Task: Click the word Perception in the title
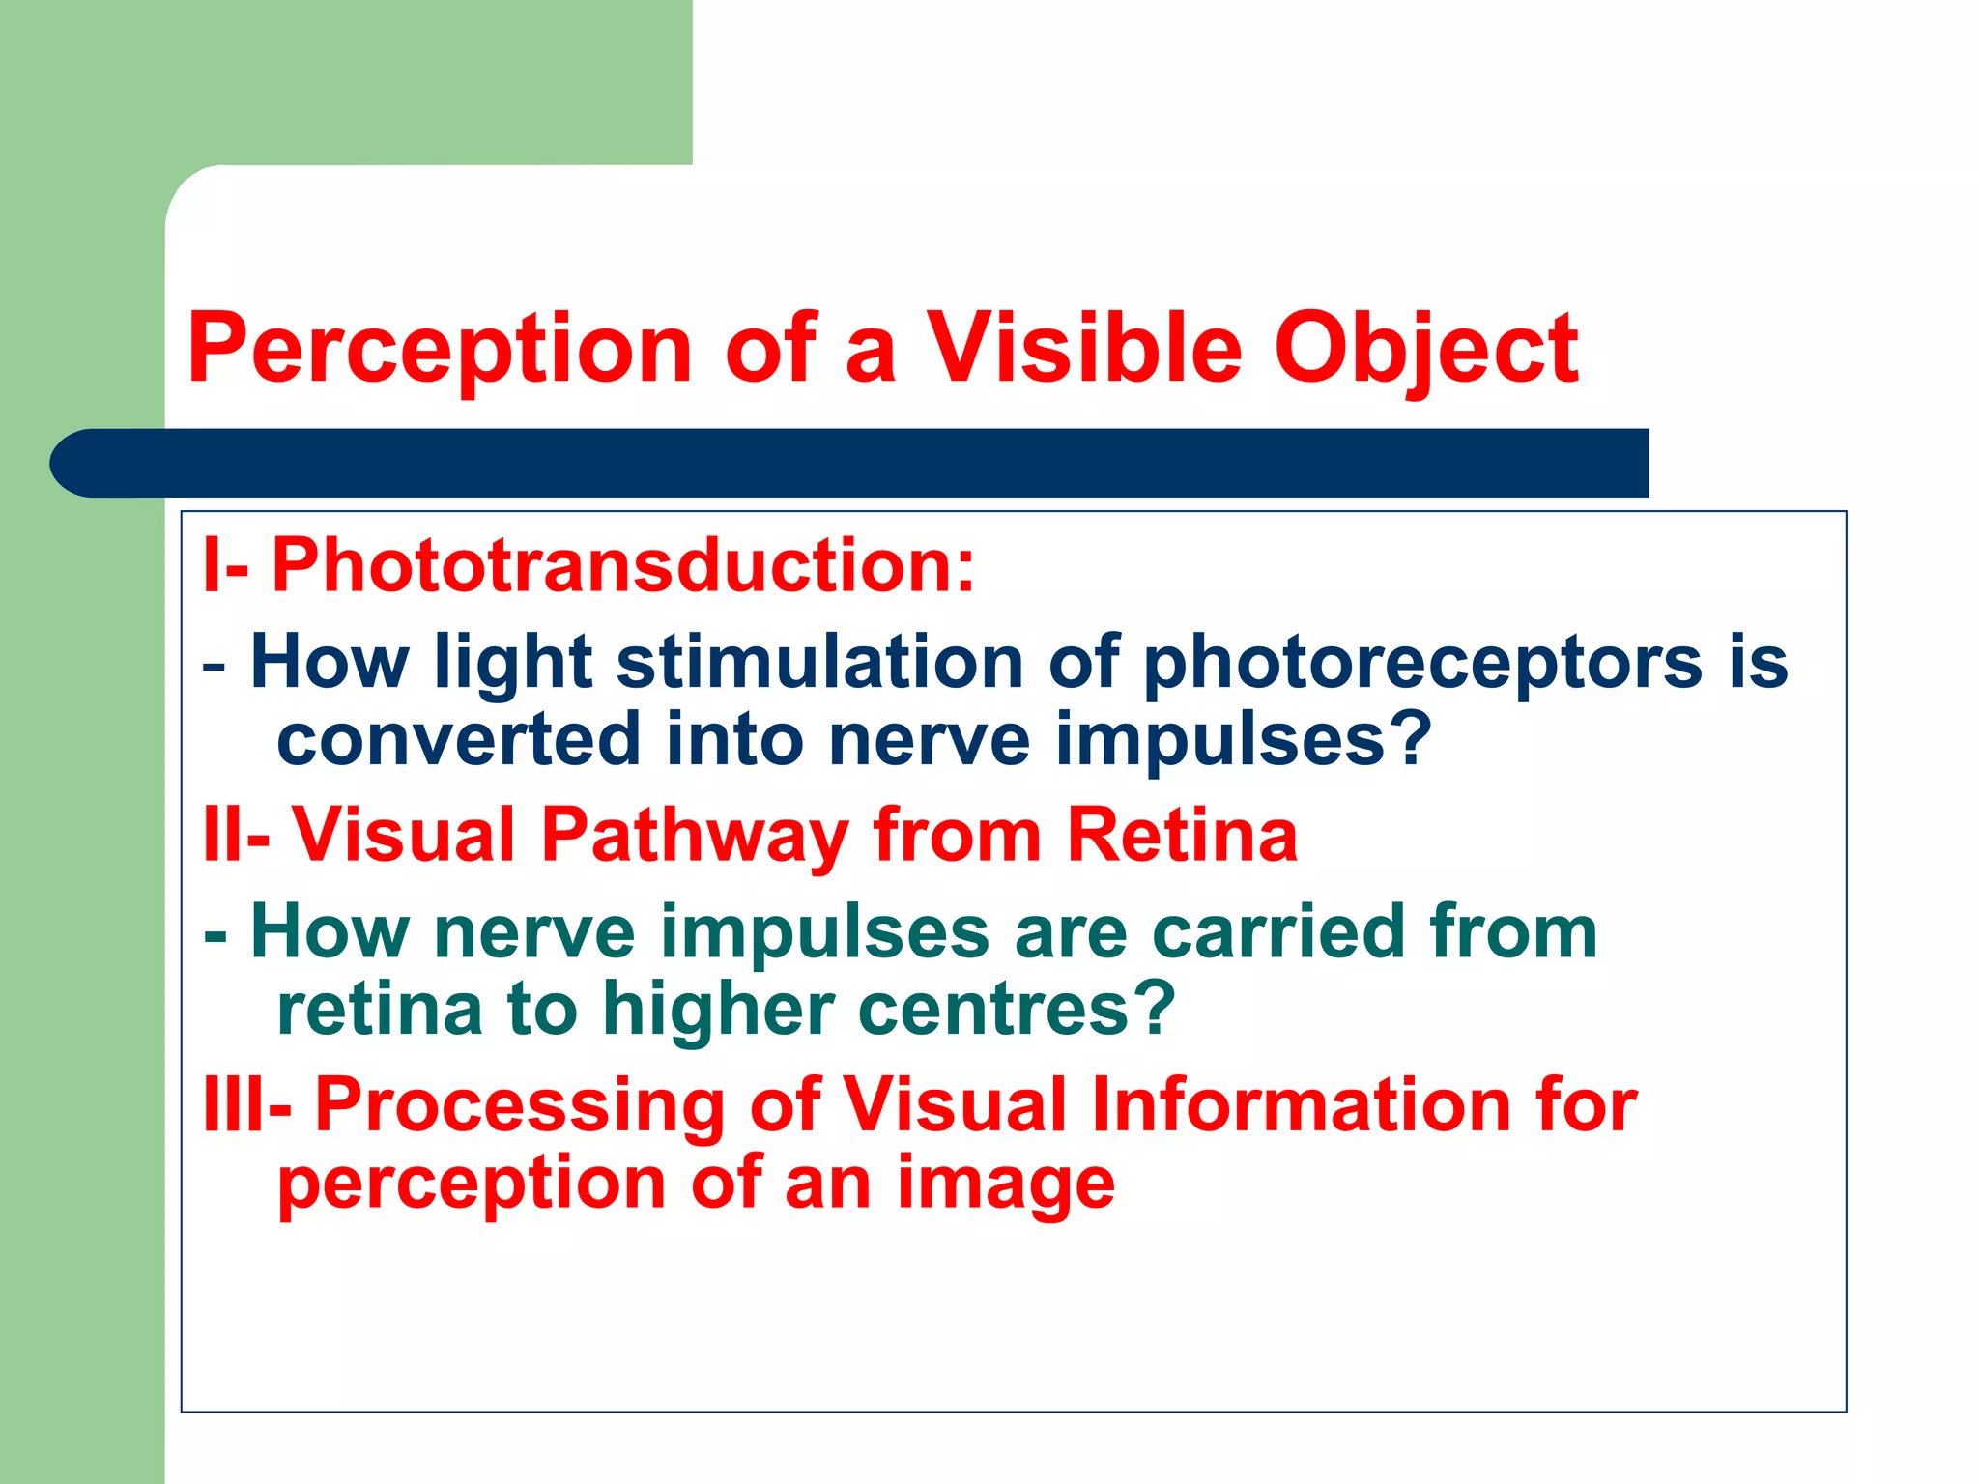440,350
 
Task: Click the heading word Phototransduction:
623,565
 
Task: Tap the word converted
458,740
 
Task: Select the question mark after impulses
1413,739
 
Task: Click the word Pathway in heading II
695,835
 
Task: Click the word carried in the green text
1279,932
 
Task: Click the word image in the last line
1006,1184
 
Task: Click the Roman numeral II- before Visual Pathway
236,835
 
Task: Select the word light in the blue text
512,665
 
